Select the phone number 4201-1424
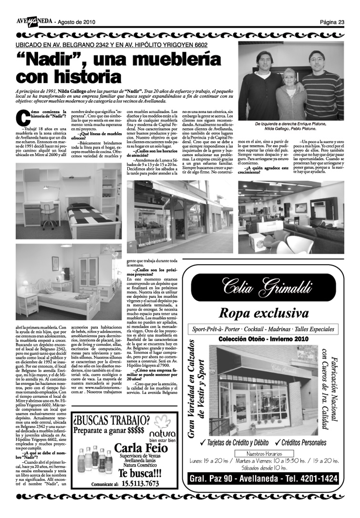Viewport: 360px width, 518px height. pos(312,479)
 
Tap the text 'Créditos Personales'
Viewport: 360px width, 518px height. pos(308,443)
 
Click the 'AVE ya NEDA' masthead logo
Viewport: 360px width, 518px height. pos(33,22)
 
